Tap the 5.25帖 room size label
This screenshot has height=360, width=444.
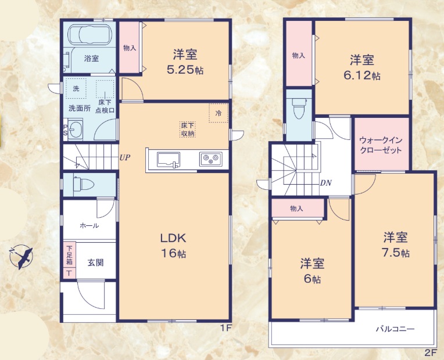pos(185,70)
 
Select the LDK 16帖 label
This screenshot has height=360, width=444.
pos(174,245)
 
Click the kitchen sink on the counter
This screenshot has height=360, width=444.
pos(169,160)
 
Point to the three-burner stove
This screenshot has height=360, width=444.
pos(211,159)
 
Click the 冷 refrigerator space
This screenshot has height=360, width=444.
pos(219,113)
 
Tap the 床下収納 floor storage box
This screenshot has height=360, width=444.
pos(188,129)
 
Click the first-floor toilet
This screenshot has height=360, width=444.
pos(84,185)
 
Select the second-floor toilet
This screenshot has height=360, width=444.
pos(299,108)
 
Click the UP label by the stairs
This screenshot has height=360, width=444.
pos(124,157)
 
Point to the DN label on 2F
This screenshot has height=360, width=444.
pos(325,183)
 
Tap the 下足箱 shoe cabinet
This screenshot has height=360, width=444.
pos(69,260)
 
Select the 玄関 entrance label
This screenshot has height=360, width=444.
pos(95,262)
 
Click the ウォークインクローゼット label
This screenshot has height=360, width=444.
pos(381,145)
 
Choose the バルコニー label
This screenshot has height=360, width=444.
pos(395,329)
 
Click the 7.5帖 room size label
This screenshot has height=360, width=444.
pos(396,253)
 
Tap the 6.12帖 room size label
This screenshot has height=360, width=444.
pos(362,75)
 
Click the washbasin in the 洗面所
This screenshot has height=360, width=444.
pos(76,129)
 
